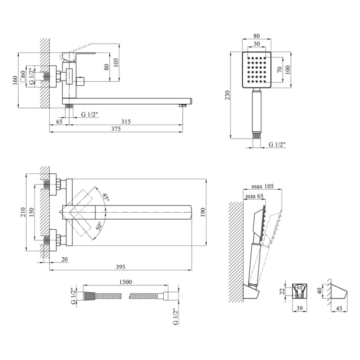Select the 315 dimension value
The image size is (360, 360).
click(x=126, y=122)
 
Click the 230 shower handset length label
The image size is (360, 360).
click(x=226, y=95)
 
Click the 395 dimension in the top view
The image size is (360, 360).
click(x=120, y=267)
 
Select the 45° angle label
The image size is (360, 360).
click(x=105, y=197)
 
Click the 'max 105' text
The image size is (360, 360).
click(x=262, y=186)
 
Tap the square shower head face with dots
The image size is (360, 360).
click(x=256, y=70)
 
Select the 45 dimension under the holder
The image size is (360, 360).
click(x=338, y=308)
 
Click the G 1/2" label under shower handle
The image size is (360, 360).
click(x=277, y=145)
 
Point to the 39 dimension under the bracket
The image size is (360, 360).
click(x=299, y=308)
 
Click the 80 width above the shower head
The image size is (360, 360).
click(x=256, y=36)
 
